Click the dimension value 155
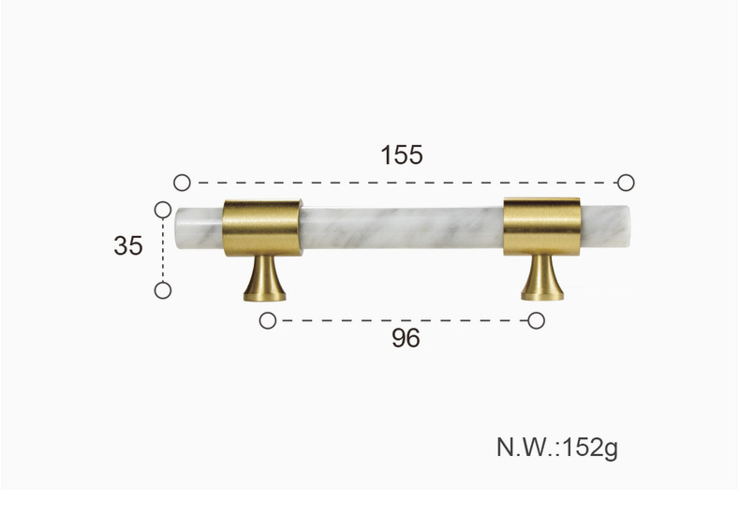coord(402,155)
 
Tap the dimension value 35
coord(128,245)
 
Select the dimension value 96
coord(406,338)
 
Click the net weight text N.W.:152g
coord(557,448)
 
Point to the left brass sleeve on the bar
coord(262,228)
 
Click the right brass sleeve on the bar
coord(541,227)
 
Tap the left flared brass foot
coord(265,278)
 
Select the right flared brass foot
coord(542,277)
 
